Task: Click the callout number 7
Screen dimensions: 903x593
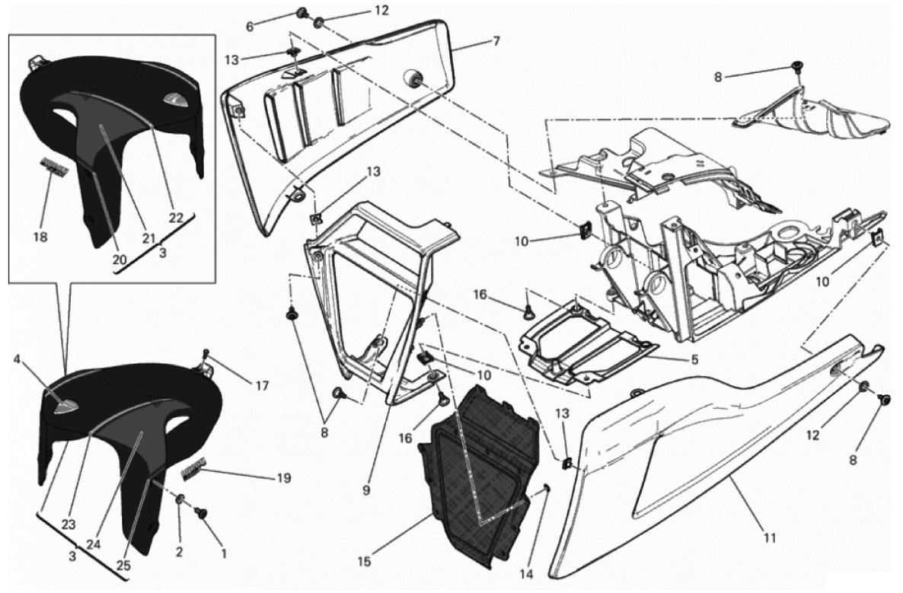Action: [496, 41]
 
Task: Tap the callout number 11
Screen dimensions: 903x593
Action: [770, 538]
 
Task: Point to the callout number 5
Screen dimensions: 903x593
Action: [695, 360]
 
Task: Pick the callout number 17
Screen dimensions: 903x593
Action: [261, 386]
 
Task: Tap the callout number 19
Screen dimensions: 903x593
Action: [283, 478]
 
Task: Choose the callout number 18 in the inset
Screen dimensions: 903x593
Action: [40, 237]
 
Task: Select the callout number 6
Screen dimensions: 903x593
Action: [249, 27]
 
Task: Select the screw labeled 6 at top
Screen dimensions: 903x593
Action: [302, 12]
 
